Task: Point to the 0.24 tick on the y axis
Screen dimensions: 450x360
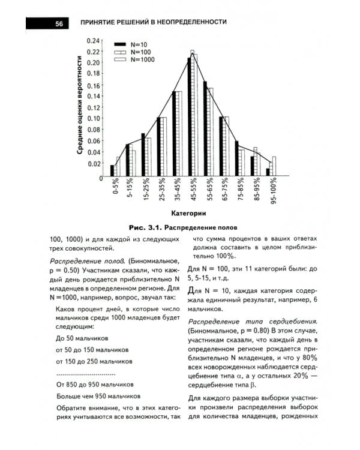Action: (94, 41)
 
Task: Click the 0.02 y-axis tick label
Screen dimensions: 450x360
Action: (94, 163)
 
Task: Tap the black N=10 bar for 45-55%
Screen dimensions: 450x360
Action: (189, 117)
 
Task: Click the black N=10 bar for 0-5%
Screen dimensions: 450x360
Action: (112, 170)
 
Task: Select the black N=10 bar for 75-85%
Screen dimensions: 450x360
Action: (237, 158)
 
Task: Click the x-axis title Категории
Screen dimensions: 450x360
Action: (188, 213)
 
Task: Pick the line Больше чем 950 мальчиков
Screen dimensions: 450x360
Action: (98, 396)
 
